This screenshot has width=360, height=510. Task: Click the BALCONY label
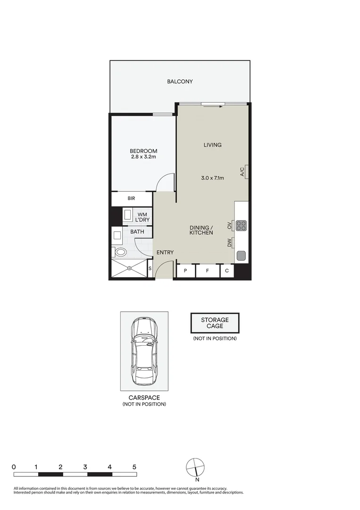[180, 82]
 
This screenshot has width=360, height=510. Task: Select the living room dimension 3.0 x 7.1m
[212, 178]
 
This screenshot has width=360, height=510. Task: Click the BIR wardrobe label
[131, 199]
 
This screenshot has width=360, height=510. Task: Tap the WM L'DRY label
[142, 217]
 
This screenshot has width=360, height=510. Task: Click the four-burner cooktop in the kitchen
[241, 226]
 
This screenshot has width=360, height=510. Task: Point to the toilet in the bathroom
[121, 252]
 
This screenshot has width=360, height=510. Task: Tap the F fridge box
[207, 271]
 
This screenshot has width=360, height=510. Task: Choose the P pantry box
[185, 271]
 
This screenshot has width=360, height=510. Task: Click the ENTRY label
[165, 253]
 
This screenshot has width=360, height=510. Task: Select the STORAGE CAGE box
[215, 323]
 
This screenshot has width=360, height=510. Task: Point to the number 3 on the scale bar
[85, 467]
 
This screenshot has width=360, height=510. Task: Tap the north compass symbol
[196, 467]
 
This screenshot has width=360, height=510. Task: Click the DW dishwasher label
[229, 243]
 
